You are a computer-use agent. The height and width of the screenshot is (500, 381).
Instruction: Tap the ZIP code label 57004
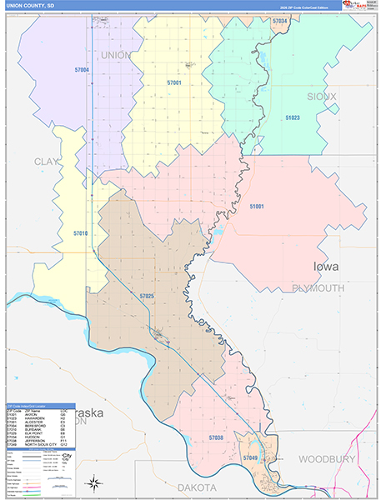click(82, 71)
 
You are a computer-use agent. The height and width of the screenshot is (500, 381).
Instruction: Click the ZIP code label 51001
click(257, 206)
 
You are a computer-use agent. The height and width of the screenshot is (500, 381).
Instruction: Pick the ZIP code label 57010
click(80, 233)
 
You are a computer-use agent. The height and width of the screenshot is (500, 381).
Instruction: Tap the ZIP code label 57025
click(147, 296)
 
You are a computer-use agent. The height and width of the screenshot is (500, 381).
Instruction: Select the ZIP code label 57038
click(216, 437)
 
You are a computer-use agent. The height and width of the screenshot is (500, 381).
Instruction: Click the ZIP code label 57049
click(250, 458)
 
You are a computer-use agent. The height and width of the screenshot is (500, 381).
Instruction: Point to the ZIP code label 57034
click(283, 16)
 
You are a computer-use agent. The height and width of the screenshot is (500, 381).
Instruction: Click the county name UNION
click(116, 55)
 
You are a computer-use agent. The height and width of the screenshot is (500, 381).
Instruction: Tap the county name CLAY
click(48, 161)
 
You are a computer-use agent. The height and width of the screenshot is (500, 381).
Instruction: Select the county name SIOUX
click(322, 97)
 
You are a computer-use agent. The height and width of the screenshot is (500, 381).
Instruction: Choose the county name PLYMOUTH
click(318, 287)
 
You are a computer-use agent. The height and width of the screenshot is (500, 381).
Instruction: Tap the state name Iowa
click(326, 267)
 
